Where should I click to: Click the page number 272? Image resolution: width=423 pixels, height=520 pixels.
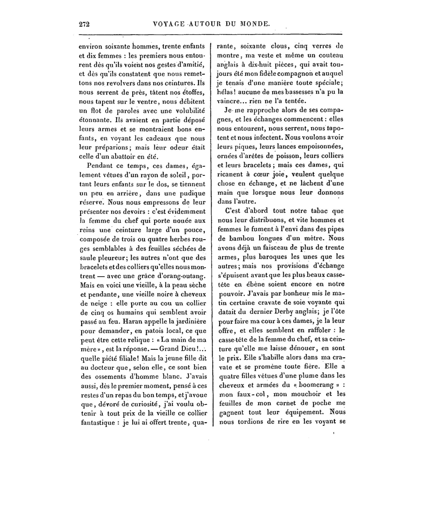pyautogui.click(x=84, y=24)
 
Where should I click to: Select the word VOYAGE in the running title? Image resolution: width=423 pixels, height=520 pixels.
pyautogui.click(x=169, y=24)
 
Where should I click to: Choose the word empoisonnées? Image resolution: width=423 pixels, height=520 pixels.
pyautogui.click(x=321, y=147)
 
